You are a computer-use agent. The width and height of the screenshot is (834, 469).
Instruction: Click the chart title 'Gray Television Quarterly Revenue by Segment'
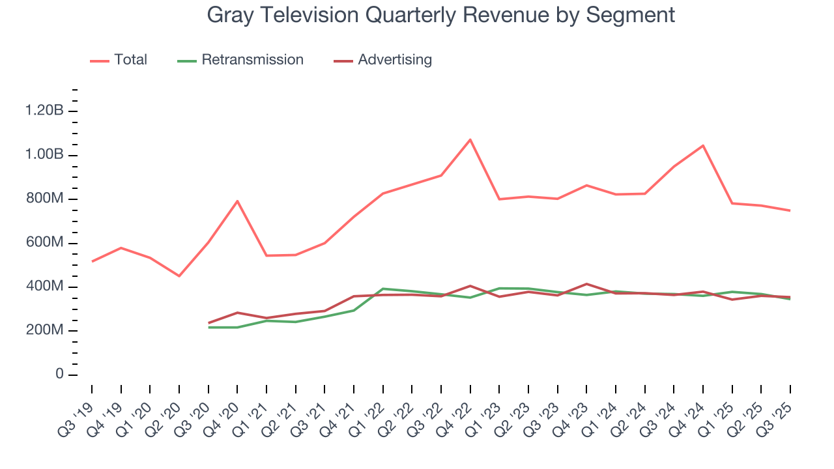(440, 14)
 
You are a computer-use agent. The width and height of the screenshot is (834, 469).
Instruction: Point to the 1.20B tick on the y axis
(44, 111)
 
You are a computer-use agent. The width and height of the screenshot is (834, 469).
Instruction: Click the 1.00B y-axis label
(44, 155)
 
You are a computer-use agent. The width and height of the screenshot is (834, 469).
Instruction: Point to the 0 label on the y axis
(59, 375)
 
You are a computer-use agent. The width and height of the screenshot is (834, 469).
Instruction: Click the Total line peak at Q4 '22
(470, 139)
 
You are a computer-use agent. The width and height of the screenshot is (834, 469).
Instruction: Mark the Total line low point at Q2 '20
(179, 276)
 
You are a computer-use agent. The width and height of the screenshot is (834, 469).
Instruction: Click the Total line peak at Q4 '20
(237, 201)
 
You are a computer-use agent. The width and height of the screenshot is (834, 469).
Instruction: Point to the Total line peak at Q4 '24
(703, 145)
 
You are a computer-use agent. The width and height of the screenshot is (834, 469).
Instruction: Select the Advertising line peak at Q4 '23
(586, 284)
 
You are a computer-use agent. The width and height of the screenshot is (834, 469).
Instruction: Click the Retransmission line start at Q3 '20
(208, 327)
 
